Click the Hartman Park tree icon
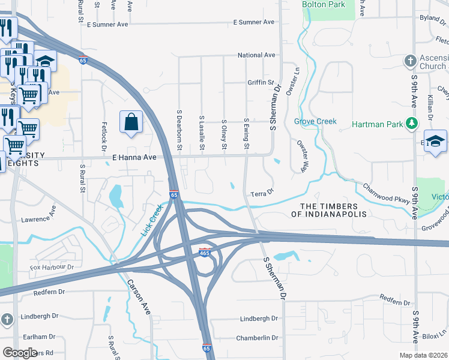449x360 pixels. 411,124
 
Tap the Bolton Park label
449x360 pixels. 324,4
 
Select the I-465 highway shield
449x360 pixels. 205,253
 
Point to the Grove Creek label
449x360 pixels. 315,121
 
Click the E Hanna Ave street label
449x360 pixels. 134,157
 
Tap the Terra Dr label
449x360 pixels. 262,193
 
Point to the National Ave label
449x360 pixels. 256,55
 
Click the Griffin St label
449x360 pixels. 261,82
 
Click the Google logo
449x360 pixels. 20,353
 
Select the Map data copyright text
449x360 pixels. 424,355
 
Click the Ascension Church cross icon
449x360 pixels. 410,61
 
